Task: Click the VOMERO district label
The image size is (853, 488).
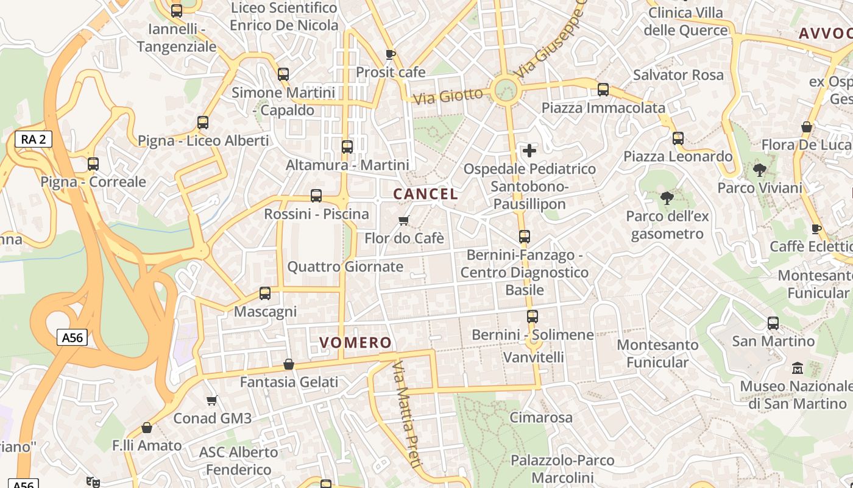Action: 355,343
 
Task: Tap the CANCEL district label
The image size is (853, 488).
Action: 425,195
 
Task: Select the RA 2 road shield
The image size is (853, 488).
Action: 34,140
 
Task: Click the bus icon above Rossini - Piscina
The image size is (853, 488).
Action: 316,196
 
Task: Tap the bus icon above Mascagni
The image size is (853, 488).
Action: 265,293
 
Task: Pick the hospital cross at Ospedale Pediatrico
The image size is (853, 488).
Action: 529,150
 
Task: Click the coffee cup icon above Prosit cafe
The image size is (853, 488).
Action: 391,54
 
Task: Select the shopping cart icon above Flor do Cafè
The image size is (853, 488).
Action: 403,220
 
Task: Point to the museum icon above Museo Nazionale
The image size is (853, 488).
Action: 797,368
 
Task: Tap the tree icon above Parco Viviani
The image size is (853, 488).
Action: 759,170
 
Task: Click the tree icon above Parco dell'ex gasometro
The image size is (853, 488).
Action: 667,198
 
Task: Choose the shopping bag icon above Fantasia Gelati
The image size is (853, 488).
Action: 289,364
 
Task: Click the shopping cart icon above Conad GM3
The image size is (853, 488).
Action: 211,400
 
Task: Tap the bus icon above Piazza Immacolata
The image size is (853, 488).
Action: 603,90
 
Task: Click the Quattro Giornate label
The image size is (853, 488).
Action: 345,267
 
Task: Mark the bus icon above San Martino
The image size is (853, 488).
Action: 773,323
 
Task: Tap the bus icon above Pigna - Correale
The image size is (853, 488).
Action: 93,164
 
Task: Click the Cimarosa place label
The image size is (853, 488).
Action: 541,418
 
